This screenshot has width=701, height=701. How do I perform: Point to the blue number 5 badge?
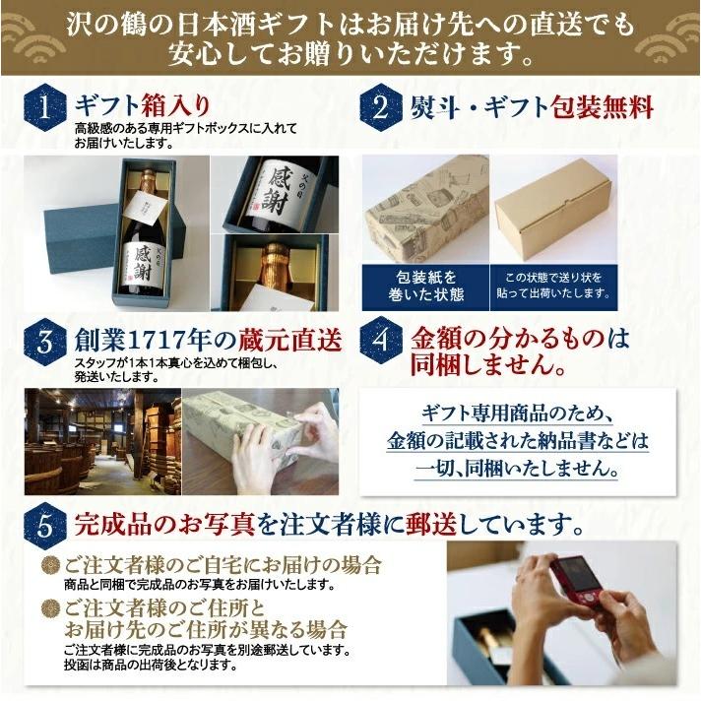click(46, 522)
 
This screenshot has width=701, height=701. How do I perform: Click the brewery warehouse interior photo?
click(102, 442)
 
